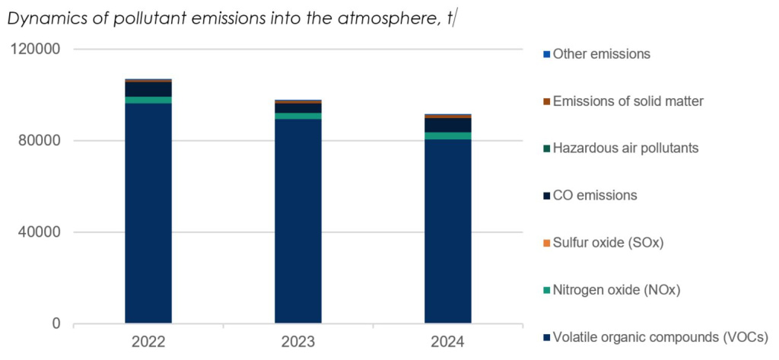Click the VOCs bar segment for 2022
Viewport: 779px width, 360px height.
(148, 213)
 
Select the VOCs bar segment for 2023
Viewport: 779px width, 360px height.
(297, 221)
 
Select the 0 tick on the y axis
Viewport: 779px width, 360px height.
(56, 323)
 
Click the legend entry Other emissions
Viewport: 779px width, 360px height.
(601, 54)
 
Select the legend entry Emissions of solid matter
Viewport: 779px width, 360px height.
(628, 101)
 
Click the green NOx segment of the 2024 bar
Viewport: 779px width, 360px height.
(447, 135)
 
